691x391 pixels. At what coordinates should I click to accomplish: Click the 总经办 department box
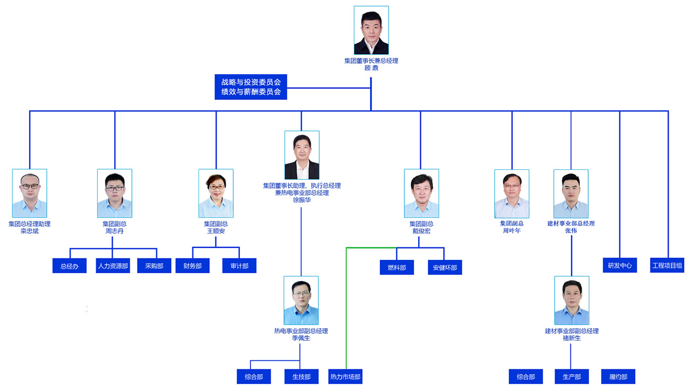point(69,266)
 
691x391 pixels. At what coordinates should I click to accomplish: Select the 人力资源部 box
point(113,266)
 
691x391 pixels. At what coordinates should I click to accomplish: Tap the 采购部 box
point(154,266)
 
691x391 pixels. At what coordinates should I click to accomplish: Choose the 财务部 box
point(192,266)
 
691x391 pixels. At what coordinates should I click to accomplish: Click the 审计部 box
point(239,266)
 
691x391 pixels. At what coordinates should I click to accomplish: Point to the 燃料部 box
point(397,268)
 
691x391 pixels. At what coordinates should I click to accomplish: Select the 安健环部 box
point(444,268)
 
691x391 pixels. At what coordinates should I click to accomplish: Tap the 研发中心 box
point(620,265)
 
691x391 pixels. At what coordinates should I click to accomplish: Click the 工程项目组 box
point(667,265)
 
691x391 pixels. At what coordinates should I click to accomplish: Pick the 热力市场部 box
point(345,377)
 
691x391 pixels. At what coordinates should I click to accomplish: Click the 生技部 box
point(301,377)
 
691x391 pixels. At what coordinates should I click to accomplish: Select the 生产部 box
point(571,377)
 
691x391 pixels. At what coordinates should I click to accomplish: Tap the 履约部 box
point(618,377)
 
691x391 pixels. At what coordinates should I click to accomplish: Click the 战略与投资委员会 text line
point(251,82)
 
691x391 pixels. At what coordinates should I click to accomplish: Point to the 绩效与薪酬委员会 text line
point(251,92)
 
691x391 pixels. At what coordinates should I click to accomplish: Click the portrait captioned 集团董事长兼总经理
point(371,30)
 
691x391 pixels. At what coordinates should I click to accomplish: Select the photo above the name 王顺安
point(216,193)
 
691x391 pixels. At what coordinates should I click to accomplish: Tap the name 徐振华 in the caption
point(302,200)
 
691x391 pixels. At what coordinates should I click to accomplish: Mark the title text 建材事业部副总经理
point(572,331)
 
